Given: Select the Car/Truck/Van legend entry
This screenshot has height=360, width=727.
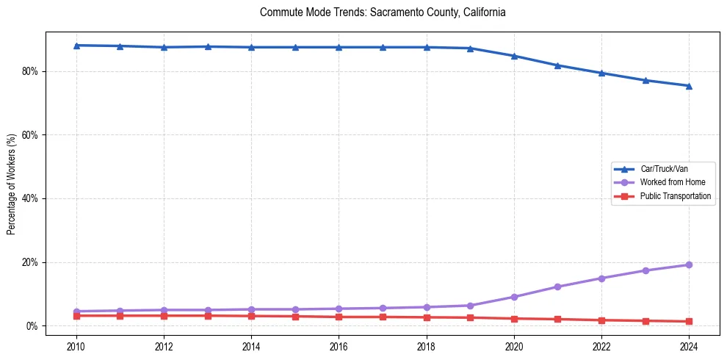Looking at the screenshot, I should (663, 169).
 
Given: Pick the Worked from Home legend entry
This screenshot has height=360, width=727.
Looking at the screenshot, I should (669, 182).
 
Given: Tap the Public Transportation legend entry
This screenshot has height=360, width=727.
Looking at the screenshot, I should (675, 196).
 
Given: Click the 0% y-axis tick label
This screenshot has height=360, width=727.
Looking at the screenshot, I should (32, 325).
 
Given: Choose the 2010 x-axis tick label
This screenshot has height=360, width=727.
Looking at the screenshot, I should (76, 346).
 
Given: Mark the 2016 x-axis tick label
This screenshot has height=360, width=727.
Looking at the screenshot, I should (339, 346).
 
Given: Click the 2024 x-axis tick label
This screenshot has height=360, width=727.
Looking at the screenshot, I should (689, 346).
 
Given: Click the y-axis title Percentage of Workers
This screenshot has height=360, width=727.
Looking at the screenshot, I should (12, 184).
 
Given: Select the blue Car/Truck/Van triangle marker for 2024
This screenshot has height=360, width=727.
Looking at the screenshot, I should (689, 86).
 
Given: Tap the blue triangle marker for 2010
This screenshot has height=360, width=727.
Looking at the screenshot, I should (76, 46).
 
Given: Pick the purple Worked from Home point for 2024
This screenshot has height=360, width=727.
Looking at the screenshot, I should (689, 264).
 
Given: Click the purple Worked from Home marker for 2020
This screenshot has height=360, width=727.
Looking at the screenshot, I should (514, 297).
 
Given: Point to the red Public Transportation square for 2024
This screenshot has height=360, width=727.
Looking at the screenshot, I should (689, 321).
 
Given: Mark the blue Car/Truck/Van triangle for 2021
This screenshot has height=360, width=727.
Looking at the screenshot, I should (557, 65).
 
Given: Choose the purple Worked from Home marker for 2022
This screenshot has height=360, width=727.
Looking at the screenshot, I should (601, 278).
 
